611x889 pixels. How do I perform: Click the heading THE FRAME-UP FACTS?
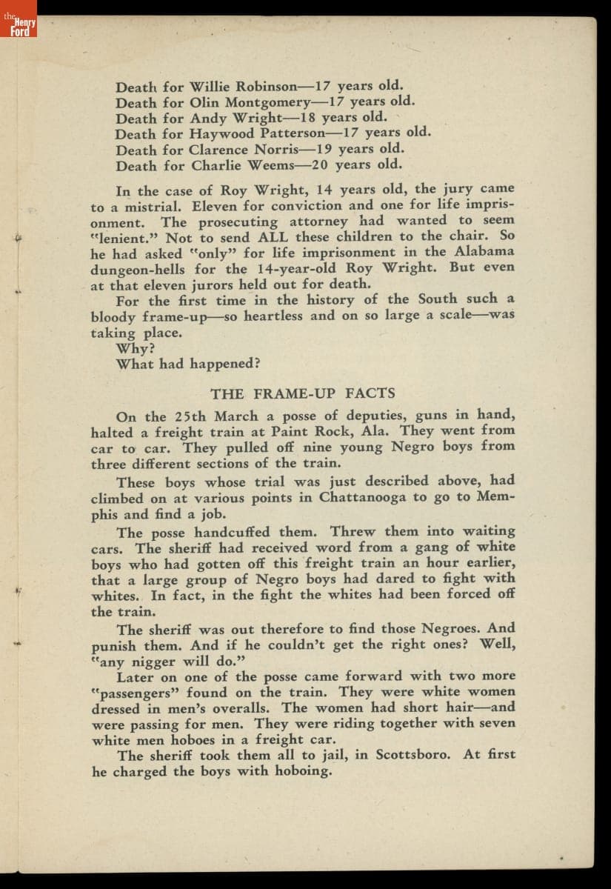302,393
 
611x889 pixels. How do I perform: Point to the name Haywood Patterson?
257,134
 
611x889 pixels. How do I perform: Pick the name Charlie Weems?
243,165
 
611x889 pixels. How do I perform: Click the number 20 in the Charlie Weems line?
321,164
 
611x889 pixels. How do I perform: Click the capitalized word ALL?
273,238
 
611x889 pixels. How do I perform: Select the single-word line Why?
134,348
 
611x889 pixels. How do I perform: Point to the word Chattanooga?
363,498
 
